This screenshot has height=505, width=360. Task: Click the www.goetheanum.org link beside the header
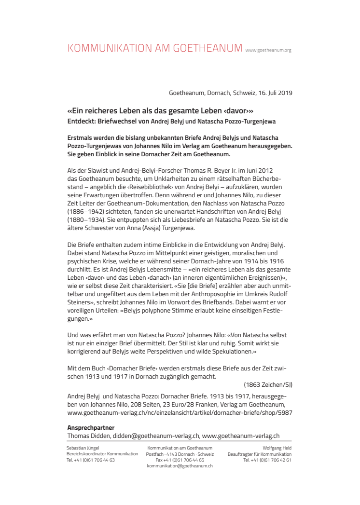[x=268, y=50]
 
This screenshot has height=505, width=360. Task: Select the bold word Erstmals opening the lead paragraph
[x=82, y=137]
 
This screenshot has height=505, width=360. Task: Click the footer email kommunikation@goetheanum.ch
[x=180, y=466]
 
